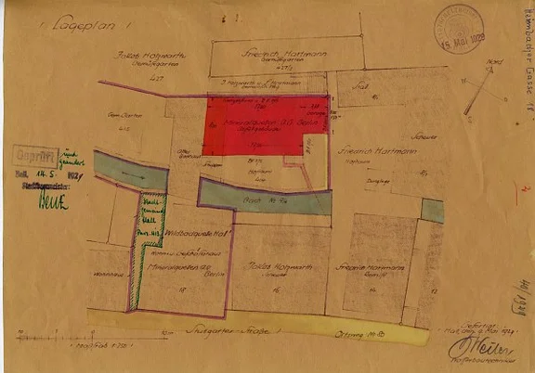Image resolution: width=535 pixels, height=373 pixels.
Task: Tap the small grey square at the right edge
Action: [432, 211]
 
